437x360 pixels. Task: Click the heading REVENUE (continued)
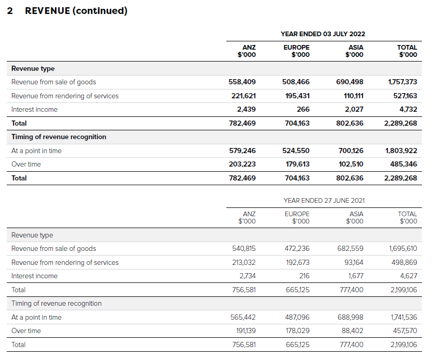point(76,11)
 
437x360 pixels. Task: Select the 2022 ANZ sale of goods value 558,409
point(242,82)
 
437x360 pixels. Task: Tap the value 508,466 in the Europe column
point(296,82)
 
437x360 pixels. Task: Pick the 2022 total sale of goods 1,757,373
point(402,82)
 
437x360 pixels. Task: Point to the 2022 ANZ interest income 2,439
point(246,109)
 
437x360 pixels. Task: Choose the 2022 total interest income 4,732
point(408,109)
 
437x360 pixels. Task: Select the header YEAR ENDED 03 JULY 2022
point(323,34)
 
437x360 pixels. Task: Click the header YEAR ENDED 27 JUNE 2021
point(324,200)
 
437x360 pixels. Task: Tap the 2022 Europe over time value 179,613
point(297,164)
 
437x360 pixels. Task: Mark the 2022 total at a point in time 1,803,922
point(401,151)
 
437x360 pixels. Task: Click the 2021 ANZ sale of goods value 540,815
point(243,248)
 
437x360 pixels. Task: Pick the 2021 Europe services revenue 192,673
point(297,262)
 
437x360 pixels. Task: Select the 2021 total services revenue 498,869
point(404,262)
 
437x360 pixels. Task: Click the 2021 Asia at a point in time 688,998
point(351,317)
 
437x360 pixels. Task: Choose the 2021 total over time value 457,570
point(404,331)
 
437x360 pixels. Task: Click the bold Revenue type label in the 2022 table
point(33,68)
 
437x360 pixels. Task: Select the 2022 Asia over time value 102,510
point(351,164)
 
